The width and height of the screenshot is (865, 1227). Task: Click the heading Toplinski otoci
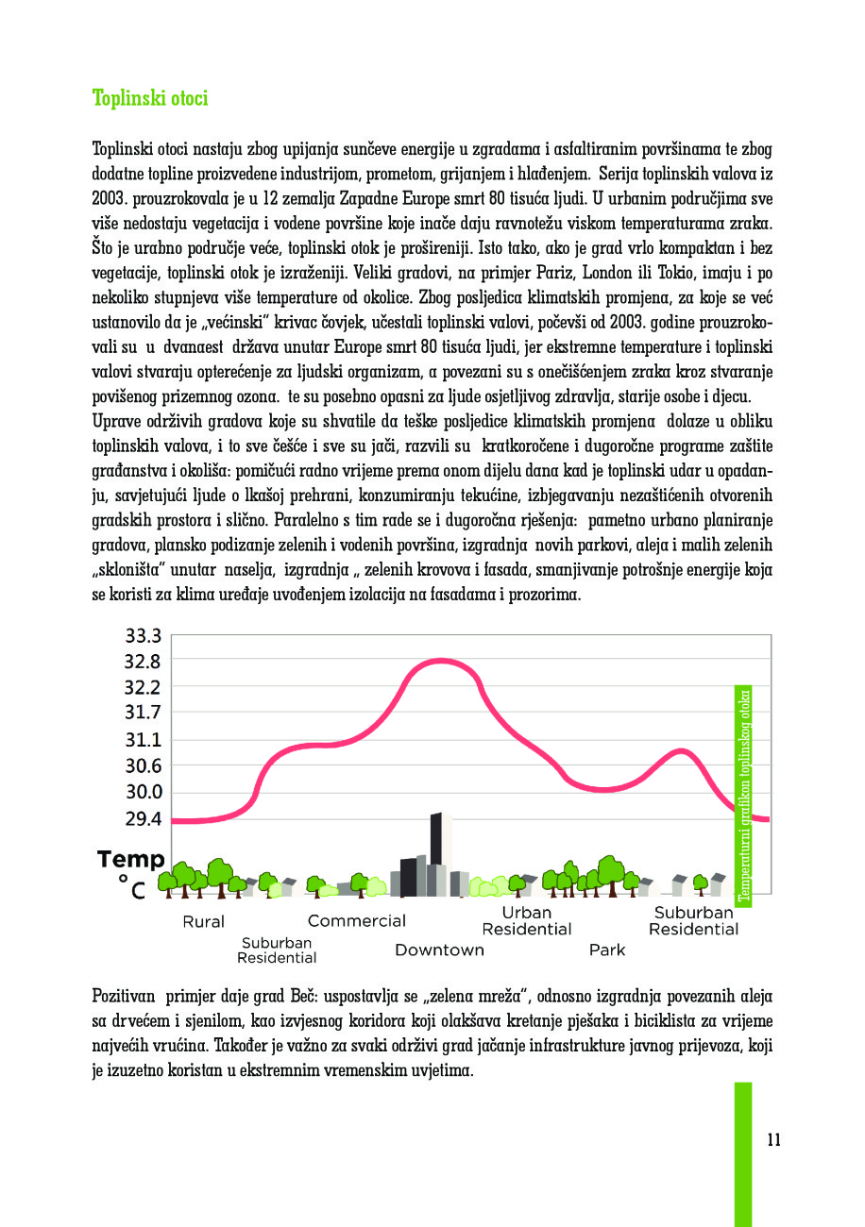pos(150,99)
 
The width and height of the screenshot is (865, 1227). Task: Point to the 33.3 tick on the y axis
pos(143,635)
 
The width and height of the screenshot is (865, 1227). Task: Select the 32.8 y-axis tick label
pos(143,661)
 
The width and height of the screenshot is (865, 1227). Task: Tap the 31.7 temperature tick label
pos(143,713)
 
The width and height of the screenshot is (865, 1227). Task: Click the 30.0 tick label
pos(143,792)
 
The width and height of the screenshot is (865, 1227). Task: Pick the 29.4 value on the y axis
pos(143,818)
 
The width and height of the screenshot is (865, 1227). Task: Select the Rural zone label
pos(203,922)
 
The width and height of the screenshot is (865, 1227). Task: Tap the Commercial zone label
pos(356,921)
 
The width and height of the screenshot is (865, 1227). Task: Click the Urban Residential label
pos(526,921)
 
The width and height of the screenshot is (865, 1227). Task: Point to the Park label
pos(606,950)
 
